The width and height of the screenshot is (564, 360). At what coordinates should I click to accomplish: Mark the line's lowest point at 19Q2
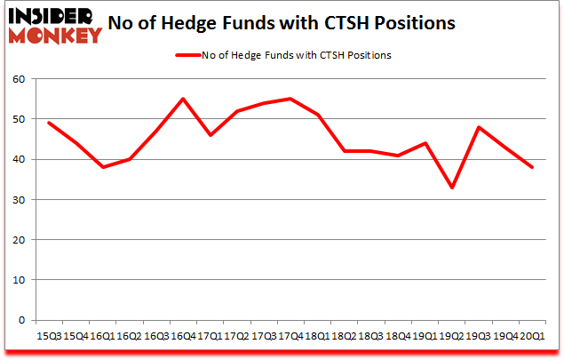click(x=452, y=188)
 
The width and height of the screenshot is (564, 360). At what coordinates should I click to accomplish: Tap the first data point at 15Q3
click(x=48, y=123)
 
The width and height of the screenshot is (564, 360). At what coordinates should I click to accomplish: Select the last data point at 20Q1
click(x=534, y=167)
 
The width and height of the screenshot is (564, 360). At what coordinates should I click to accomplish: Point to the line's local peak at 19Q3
click(x=480, y=127)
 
